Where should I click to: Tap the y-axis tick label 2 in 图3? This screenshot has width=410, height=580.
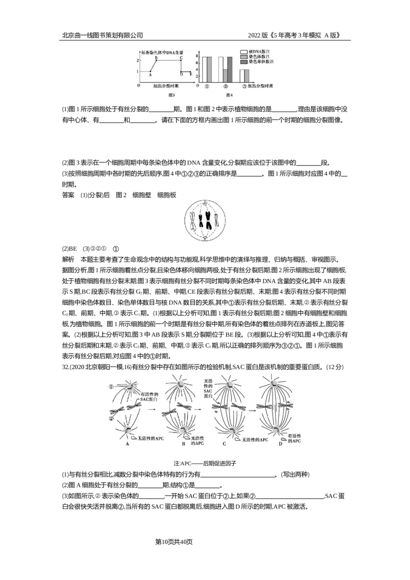[137, 59]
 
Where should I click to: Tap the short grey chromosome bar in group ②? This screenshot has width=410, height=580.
[225, 76]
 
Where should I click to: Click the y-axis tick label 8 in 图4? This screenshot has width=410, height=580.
[197, 57]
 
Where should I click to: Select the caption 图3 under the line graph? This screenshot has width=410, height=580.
[171, 95]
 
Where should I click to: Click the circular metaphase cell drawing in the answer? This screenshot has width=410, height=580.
[204, 221]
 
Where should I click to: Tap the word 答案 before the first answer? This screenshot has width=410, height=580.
[68, 195]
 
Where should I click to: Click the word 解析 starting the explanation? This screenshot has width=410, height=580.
[68, 259]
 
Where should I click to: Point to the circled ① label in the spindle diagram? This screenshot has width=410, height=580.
[111, 386]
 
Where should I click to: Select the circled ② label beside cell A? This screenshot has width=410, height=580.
[111, 419]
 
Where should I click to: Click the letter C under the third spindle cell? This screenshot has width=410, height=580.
[224, 444]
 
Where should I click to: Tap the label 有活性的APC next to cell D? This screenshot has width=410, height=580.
[294, 439]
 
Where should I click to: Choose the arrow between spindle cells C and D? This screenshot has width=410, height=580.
[252, 410]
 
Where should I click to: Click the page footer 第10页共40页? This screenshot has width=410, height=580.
[174, 542]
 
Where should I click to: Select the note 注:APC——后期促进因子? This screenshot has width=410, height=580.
[204, 463]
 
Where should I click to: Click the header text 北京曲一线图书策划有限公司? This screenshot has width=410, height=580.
[102, 35]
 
